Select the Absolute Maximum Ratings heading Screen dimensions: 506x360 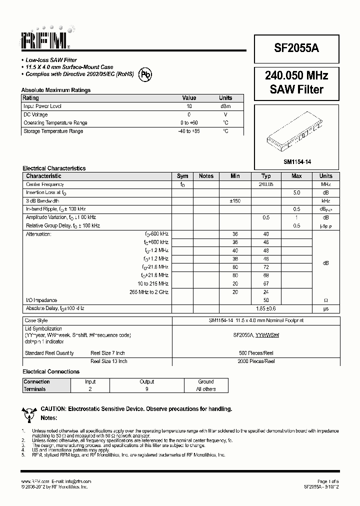tap(56, 90)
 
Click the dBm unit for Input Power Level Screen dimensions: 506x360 tap(225, 106)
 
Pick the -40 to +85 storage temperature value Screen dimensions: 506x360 tap(189, 131)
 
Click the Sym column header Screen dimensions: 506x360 tap(182, 176)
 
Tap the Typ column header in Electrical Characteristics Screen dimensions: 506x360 tap(266, 176)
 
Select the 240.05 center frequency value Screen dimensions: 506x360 tap(266, 184)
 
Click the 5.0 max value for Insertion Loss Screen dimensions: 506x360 tap(296, 192)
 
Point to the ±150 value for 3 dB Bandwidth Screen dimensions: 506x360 tap(235, 200)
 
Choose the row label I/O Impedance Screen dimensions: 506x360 tap(41, 300)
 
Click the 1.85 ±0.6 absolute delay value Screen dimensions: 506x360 tap(266, 308)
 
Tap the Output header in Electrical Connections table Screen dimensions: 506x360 tap(147, 381)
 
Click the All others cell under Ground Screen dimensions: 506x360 tap(205, 389)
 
